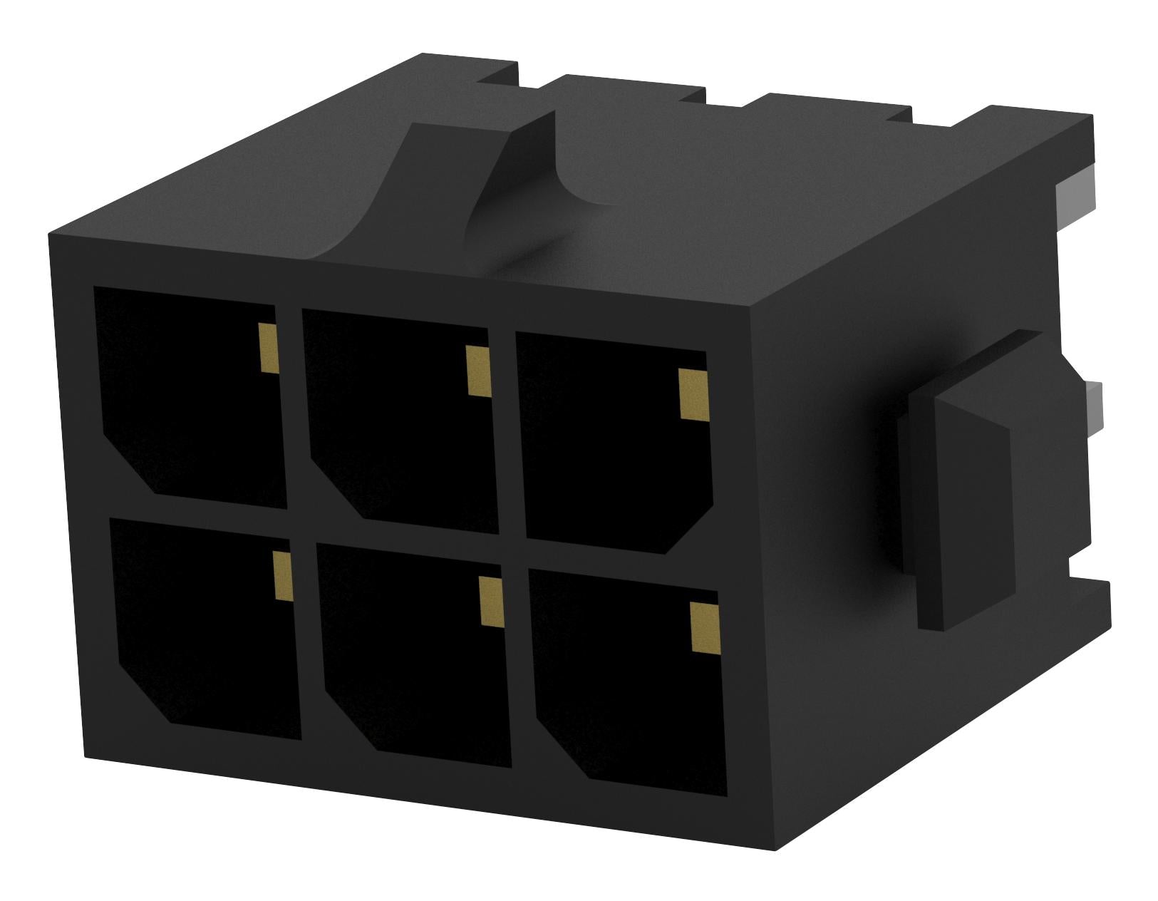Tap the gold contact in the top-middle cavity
[x=477, y=370]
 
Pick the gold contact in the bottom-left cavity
[x=282, y=576]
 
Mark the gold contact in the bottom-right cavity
[x=703, y=627]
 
